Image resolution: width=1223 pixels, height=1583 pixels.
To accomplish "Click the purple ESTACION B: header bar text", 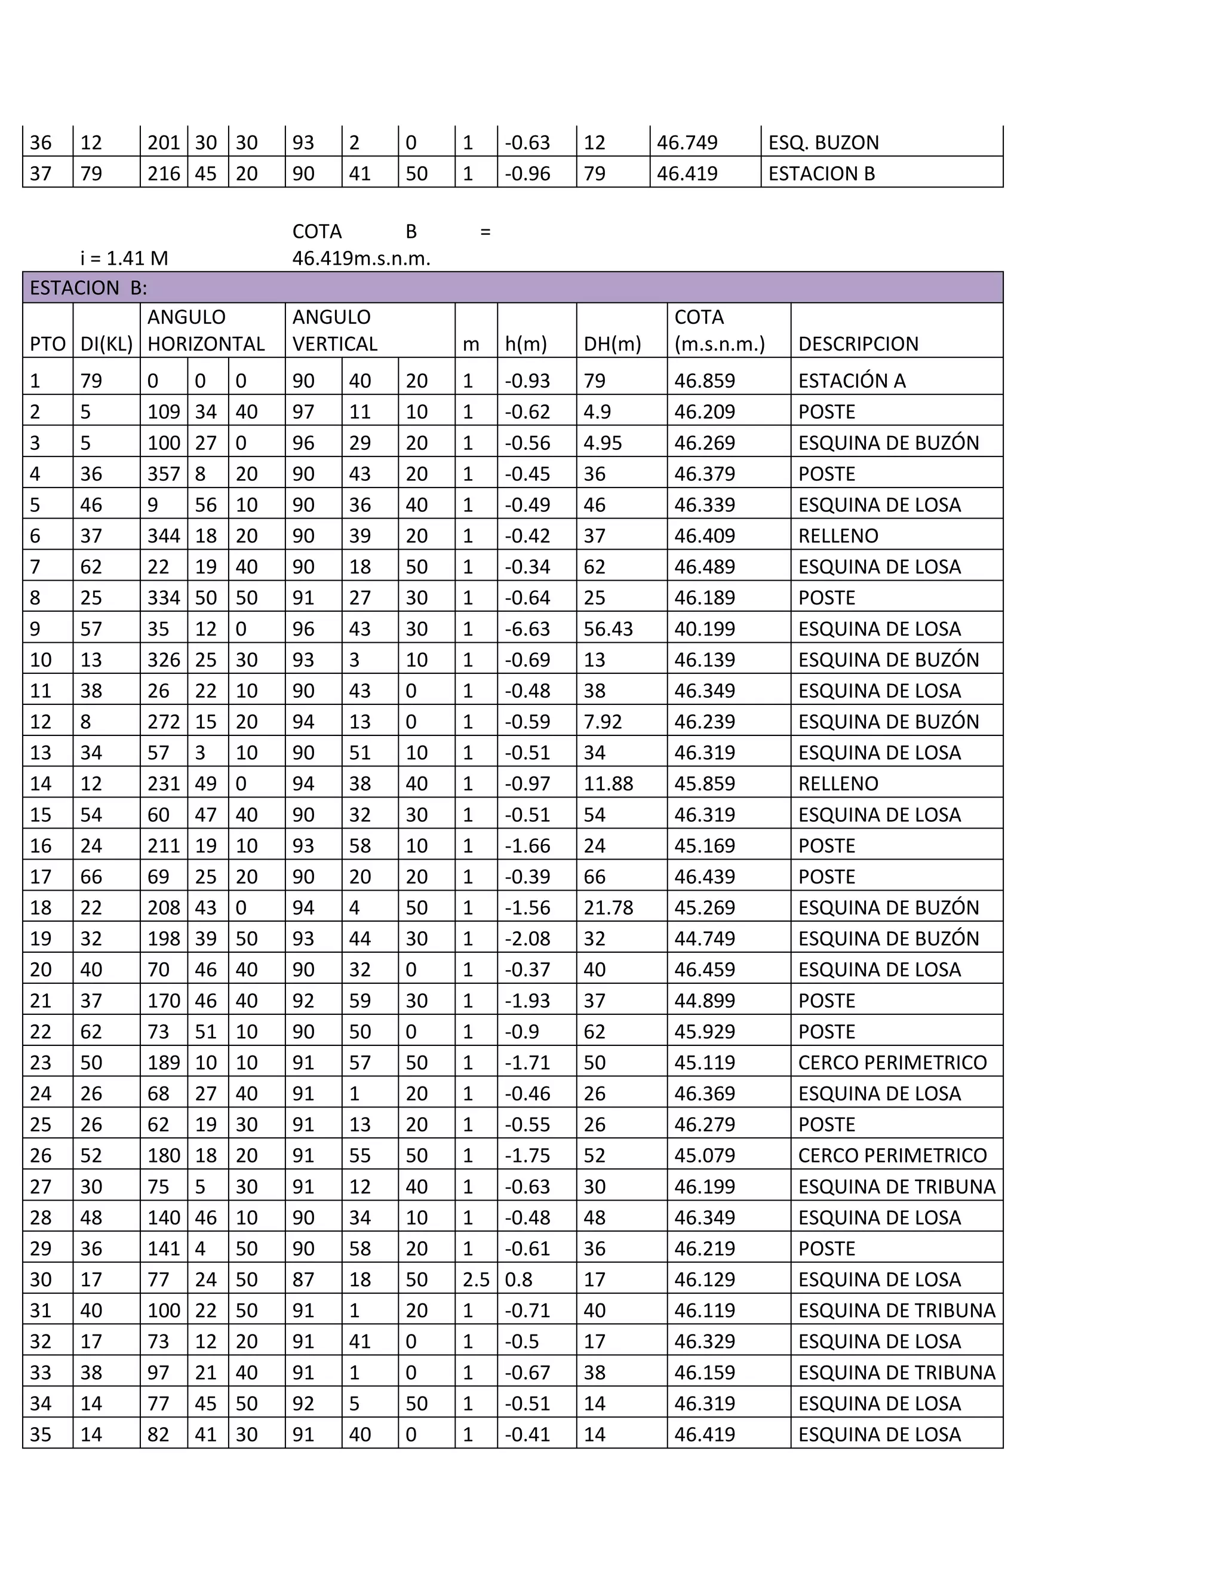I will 88,289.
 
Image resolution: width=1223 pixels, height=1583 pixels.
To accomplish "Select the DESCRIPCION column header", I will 858,343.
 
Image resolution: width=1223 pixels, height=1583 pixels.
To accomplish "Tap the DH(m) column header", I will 612,343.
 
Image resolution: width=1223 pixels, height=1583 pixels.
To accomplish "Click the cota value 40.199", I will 704,628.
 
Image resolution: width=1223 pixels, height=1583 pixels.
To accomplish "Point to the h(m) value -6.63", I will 527,628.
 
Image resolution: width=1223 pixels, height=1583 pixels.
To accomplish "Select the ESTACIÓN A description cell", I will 852,381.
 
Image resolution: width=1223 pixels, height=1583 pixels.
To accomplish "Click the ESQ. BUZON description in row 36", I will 823,142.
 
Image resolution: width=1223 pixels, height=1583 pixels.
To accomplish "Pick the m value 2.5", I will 475,1280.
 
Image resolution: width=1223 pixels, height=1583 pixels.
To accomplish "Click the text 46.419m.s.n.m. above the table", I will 361,258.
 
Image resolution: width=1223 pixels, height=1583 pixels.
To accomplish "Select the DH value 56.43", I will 608,628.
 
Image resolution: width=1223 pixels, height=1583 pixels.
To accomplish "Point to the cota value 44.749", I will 704,938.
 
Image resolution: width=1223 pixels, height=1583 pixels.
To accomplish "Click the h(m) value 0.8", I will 518,1280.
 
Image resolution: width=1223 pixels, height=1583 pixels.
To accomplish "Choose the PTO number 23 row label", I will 41,1063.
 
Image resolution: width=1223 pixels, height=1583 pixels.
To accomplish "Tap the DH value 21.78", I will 608,907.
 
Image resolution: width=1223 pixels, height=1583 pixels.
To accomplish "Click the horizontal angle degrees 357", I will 163,474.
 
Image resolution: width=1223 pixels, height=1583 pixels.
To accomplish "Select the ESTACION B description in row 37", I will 821,173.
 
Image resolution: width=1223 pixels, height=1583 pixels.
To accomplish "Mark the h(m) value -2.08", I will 527,938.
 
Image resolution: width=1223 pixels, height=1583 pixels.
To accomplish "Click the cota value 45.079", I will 704,1155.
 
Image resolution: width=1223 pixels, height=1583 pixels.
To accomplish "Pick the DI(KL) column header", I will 106,343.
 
